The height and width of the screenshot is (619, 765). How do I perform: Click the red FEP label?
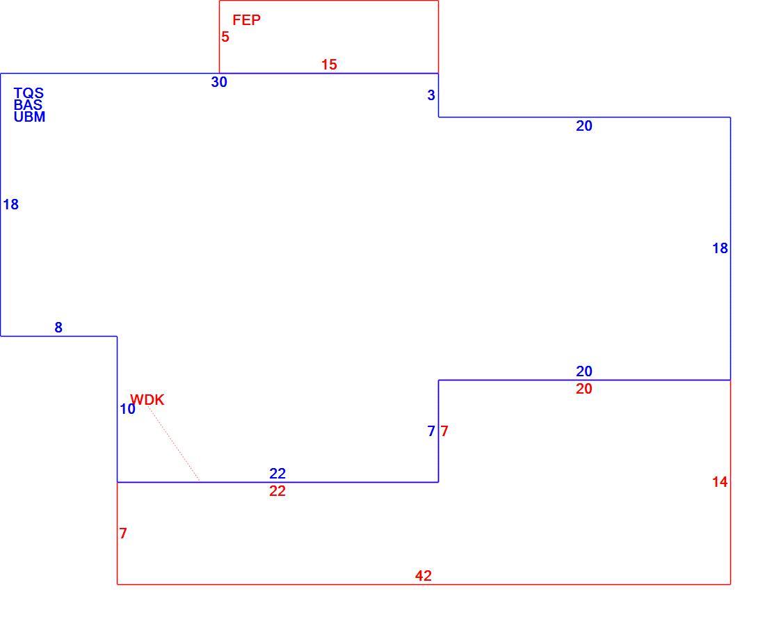click(246, 20)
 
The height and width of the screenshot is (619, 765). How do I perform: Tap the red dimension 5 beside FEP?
click(225, 37)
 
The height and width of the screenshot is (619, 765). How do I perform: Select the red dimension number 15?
click(329, 65)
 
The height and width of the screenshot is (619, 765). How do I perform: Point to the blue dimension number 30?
click(219, 82)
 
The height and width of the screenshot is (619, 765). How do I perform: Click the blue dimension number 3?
click(430, 95)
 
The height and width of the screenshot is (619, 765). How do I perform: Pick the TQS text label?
click(29, 93)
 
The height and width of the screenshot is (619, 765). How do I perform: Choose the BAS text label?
click(28, 105)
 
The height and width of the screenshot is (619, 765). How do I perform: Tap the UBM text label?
click(29, 117)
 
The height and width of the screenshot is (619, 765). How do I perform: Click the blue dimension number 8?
click(58, 328)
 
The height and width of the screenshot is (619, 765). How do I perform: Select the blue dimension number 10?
click(127, 409)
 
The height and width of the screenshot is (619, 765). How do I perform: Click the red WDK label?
click(147, 400)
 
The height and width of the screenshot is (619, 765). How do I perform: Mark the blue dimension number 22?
click(277, 473)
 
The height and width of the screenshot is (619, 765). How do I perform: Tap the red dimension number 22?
click(277, 491)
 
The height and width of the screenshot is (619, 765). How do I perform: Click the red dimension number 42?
click(424, 576)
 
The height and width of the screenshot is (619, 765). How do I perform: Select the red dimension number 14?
click(720, 482)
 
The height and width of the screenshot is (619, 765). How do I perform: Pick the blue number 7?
click(430, 431)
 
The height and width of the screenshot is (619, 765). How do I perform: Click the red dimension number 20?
click(584, 389)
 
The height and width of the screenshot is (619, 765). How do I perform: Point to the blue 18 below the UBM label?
click(10, 204)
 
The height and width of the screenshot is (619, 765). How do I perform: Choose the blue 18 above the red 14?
click(720, 248)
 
